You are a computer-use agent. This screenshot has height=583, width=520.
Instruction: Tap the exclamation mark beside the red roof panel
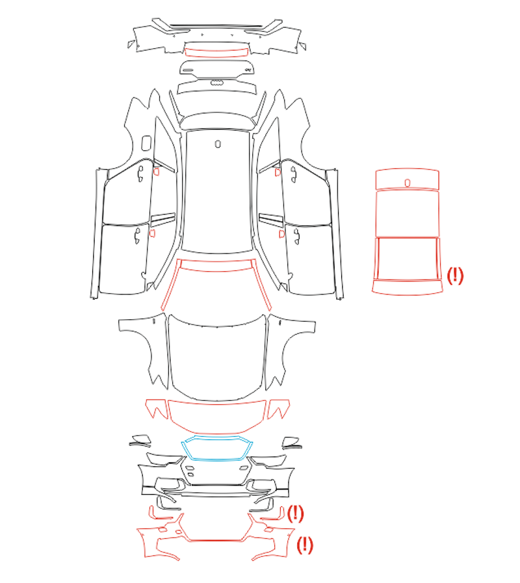pyautogui.click(x=455, y=276)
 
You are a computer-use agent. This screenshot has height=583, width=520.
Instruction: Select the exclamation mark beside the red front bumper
pyautogui.click(x=305, y=545)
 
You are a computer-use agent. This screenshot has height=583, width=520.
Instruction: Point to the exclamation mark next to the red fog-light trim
pyautogui.click(x=295, y=513)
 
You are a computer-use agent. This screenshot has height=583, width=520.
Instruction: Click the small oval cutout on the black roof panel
pyautogui.click(x=218, y=144)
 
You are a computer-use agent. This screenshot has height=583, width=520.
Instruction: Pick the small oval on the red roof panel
pyautogui.click(x=408, y=183)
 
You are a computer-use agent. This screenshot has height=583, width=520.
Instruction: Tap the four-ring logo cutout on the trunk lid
pyautogui.click(x=217, y=82)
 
